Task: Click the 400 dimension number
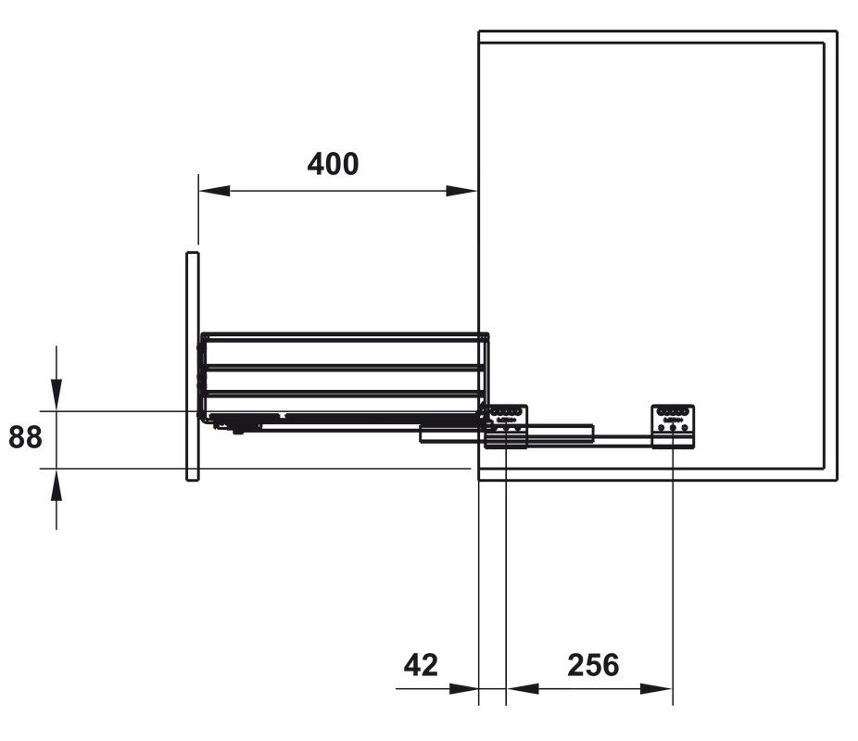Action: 333,164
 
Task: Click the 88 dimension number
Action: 25,437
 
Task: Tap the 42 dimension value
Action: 421,665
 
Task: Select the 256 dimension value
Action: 593,665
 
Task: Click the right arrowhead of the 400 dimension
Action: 461,191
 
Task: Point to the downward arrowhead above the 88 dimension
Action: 57,394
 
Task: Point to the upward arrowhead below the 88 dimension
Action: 57,484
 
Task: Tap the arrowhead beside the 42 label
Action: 463,688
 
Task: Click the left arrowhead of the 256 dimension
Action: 523,688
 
